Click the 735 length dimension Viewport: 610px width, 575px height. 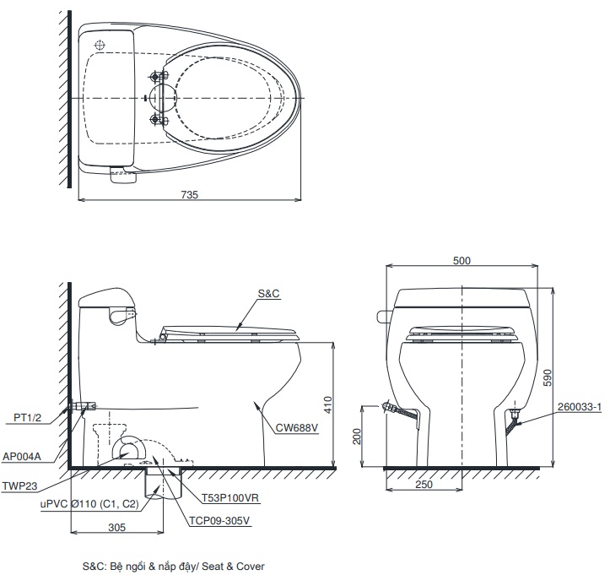tap(189, 194)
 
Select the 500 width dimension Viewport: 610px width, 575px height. tap(462, 261)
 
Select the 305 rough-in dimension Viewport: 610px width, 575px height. tap(116, 527)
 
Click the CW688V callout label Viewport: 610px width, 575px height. tap(296, 427)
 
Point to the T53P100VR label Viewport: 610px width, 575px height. tap(229, 498)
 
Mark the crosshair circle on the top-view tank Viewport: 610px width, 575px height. tap(100, 44)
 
